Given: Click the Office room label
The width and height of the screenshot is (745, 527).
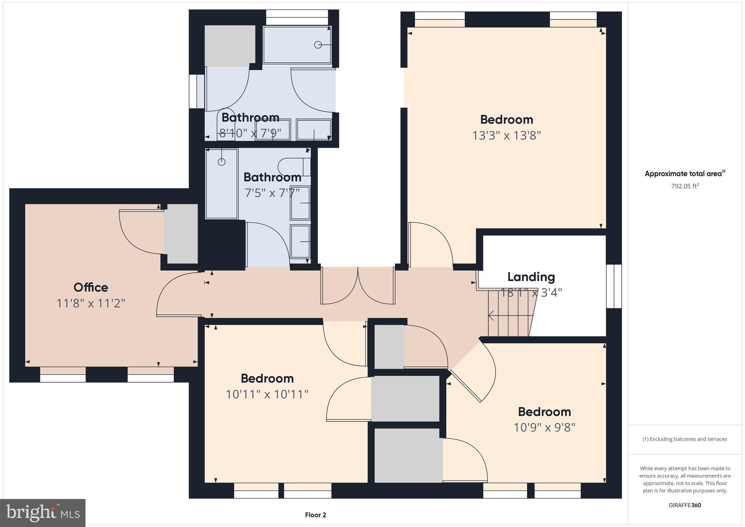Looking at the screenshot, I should (x=91, y=288).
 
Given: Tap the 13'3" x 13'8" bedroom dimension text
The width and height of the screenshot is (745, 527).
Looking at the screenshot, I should (x=506, y=136).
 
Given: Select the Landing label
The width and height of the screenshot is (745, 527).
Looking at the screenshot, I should (x=531, y=277).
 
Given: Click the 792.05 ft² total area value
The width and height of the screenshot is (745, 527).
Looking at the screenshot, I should (x=685, y=186).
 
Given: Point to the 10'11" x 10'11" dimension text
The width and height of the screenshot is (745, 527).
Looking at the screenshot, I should (x=267, y=394).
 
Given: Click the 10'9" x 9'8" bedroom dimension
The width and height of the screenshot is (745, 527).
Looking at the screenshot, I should (x=544, y=427).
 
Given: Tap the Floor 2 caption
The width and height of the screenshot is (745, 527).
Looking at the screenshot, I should (x=315, y=515).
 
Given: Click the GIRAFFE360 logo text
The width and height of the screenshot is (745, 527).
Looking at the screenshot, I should (x=685, y=505).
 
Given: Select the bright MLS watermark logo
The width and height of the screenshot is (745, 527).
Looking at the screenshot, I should (x=43, y=513).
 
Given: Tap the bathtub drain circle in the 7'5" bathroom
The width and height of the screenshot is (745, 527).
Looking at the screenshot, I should (x=222, y=162).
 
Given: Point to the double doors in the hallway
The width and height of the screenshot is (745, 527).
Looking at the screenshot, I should (x=358, y=286).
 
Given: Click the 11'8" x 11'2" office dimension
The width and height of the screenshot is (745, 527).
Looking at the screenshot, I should (x=91, y=303).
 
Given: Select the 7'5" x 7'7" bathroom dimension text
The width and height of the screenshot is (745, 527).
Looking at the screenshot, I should (x=272, y=193).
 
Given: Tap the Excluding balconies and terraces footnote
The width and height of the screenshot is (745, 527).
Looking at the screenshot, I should (x=685, y=439).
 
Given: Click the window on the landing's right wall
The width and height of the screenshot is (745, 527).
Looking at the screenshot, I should (x=614, y=286).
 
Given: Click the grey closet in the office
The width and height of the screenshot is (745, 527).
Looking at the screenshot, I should (x=181, y=234).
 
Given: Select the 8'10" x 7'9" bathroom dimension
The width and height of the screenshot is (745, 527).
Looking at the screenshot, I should (x=250, y=133).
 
